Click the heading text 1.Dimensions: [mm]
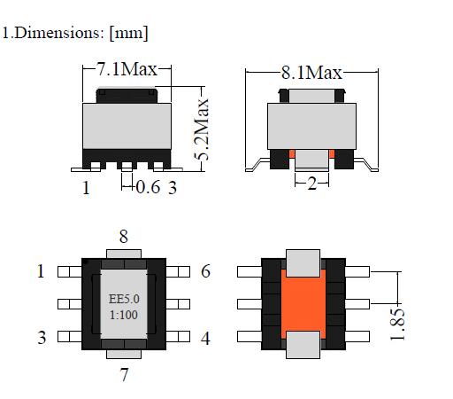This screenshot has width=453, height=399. (x=74, y=34)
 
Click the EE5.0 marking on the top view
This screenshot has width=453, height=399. (x=124, y=299)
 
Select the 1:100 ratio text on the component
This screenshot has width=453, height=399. (x=124, y=313)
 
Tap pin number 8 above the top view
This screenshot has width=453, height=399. (x=124, y=236)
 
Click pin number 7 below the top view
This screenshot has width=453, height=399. (x=124, y=374)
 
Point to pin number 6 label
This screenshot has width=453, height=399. (x=205, y=271)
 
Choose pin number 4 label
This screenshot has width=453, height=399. (x=205, y=338)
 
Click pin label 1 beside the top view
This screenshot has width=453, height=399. (x=40, y=271)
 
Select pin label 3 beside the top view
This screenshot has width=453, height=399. (x=40, y=338)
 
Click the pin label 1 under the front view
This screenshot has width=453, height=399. (x=86, y=187)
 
